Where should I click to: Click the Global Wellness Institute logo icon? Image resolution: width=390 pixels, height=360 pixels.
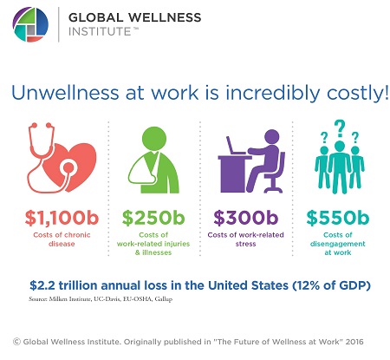click(x=30, y=24)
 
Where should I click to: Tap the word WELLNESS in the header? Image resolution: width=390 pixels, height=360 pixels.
click(x=165, y=17)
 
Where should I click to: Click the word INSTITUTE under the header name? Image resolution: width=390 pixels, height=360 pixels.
click(x=100, y=31)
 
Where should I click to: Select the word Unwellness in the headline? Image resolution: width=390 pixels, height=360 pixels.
click(x=65, y=93)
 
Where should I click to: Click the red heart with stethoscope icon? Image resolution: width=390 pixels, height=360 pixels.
click(x=62, y=158)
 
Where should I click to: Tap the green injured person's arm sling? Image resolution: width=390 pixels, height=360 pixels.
click(x=141, y=171)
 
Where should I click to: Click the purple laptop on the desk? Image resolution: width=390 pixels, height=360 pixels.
click(x=236, y=146)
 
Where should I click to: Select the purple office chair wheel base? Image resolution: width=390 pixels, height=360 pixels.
click(x=273, y=189)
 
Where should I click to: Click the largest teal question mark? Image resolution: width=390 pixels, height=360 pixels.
click(x=340, y=128)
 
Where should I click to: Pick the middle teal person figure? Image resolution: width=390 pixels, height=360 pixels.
click(x=340, y=167)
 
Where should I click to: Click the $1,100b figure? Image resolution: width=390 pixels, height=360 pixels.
click(x=62, y=218)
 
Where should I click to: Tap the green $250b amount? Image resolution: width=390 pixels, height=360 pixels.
click(x=153, y=218)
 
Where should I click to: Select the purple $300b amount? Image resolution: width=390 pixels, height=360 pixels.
click(x=245, y=218)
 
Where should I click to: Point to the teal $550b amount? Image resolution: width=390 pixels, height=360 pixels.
click(x=338, y=218)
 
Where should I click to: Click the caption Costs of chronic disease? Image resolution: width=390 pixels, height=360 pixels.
click(x=62, y=239)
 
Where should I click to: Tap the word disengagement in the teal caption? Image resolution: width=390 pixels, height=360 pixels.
click(x=338, y=244)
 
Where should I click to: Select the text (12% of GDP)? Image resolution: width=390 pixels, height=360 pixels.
click(x=331, y=285)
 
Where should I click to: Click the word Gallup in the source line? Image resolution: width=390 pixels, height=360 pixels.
click(x=164, y=299)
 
